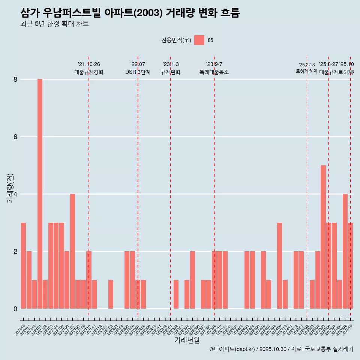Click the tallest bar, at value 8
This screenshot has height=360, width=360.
[40, 193]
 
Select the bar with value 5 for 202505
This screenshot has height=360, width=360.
[323, 237]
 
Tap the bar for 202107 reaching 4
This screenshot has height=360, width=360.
[72, 251]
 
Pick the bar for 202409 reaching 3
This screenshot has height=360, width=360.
[279, 265]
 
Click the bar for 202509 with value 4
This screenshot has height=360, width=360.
[345, 251]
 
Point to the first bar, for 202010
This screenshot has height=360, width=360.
[23, 265]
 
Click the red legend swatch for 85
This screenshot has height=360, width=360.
[199, 40]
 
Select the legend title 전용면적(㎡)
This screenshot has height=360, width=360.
[176, 40]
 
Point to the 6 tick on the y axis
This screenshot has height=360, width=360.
[15, 137]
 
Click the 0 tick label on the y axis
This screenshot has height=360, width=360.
[15, 309]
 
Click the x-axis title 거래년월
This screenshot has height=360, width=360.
[187, 340]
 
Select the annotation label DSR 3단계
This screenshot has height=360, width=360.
[138, 72]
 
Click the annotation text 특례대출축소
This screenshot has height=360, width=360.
[214, 72]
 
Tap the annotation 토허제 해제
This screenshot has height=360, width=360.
[306, 71]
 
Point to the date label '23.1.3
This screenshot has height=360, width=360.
[170, 64]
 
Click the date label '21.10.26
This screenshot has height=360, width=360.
[89, 64]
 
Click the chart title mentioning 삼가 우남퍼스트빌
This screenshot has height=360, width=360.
[130, 13]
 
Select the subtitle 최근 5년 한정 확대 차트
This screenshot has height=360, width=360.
[54, 24]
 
